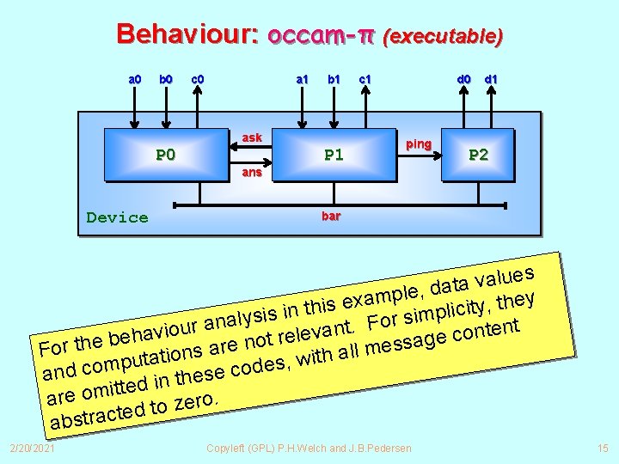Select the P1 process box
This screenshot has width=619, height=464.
pyautogui.click(x=334, y=155)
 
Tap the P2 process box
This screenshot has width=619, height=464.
pyautogui.click(x=478, y=155)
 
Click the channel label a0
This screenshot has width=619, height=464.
pyautogui.click(x=135, y=80)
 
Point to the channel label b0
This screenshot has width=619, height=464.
pyautogui.click(x=165, y=80)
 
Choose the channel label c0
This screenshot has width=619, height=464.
pyautogui.click(x=197, y=80)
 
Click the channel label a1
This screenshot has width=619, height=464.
pyautogui.click(x=302, y=80)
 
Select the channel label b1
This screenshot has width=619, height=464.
pyautogui.click(x=333, y=80)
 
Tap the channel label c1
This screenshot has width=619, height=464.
pyautogui.click(x=365, y=80)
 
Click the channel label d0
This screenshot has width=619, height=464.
pyautogui.click(x=463, y=80)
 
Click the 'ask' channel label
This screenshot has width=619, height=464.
pyautogui.click(x=252, y=137)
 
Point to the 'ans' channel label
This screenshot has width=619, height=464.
pyautogui.click(x=252, y=172)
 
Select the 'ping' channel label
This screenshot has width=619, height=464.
pyautogui.click(x=418, y=143)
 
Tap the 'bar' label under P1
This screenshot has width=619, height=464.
pyautogui.click(x=331, y=216)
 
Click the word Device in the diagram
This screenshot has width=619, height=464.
pyautogui.click(x=117, y=217)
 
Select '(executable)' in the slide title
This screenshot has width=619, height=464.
pyautogui.click(x=443, y=36)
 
